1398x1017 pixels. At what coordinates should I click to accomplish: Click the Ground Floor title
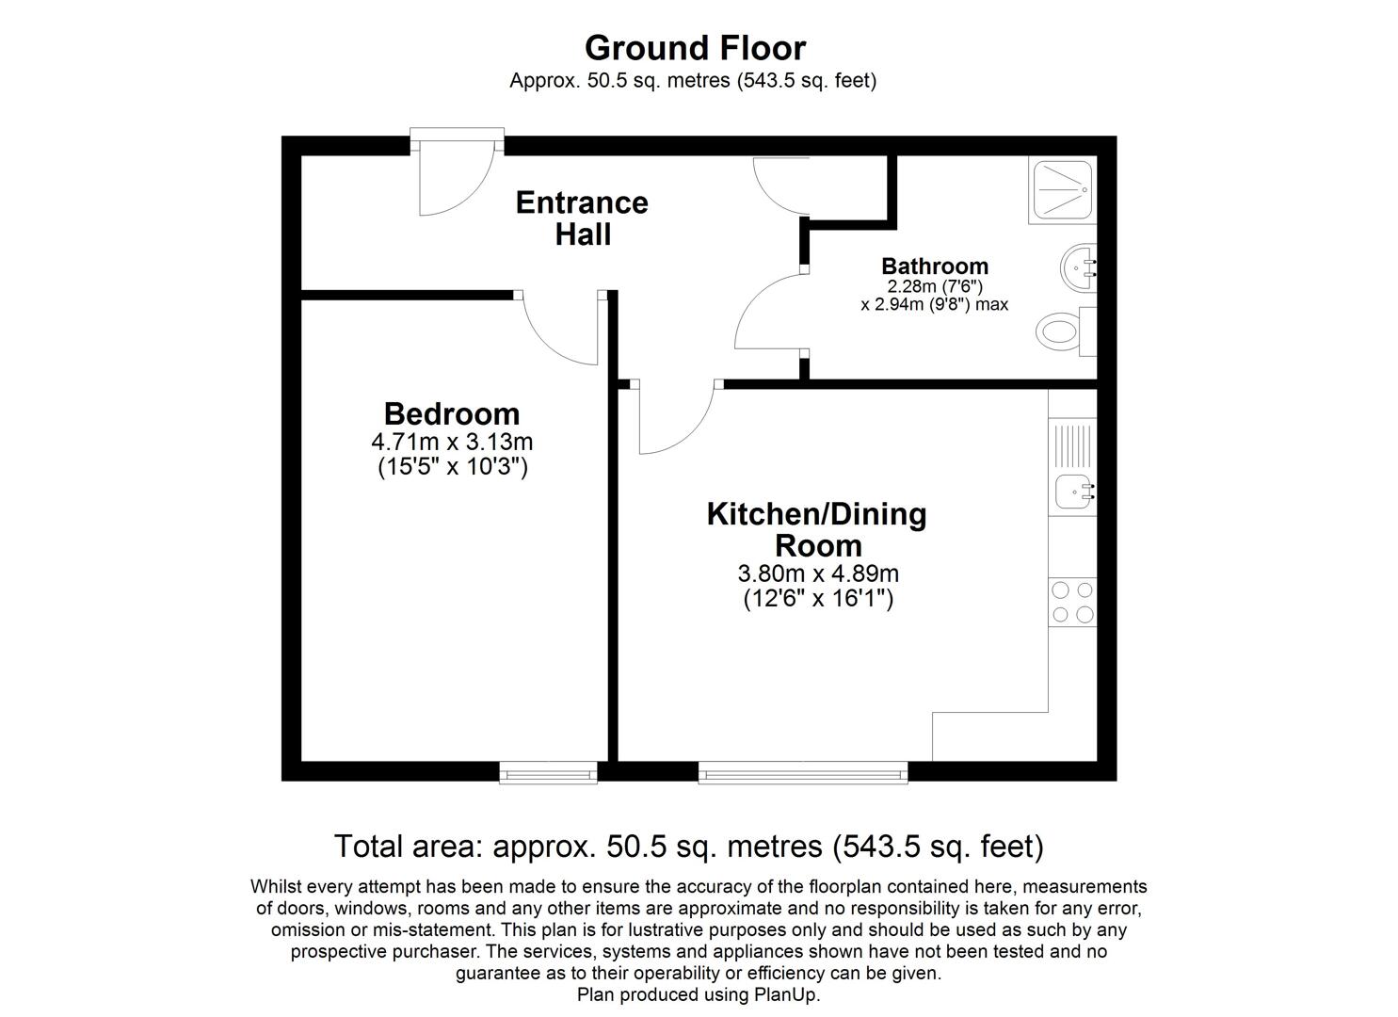pos(695,48)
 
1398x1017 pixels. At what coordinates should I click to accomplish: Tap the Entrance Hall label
pos(582,218)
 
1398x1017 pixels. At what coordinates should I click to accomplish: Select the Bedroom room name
pos(452,413)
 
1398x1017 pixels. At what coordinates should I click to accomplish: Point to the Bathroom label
pos(934,266)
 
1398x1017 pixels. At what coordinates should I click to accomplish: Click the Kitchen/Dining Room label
pos(817,529)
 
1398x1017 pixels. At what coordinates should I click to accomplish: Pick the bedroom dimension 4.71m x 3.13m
pos(452,442)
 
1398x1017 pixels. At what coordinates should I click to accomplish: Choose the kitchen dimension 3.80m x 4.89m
pos(817,573)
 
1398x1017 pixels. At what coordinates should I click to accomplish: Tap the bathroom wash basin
pos(1077,268)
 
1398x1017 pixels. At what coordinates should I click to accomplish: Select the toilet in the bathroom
pos(1062,331)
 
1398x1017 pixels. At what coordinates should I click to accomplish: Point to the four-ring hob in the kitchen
pos(1072,603)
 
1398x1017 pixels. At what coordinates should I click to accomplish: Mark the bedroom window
pos(548,773)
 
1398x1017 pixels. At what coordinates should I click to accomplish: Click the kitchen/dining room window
pos(803,773)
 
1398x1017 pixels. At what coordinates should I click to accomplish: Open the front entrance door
pos(456,179)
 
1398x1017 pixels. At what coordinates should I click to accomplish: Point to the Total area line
pos(689,847)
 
